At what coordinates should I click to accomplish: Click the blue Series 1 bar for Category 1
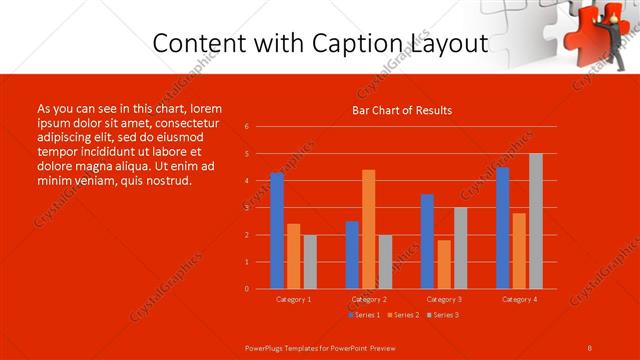(x=277, y=230)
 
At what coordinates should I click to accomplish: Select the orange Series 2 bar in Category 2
(x=369, y=229)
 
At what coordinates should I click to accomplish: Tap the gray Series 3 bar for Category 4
(x=536, y=221)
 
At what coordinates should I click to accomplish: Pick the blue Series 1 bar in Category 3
(x=427, y=241)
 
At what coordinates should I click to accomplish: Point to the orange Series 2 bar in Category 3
(x=444, y=264)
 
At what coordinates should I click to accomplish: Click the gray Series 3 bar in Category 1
(x=310, y=261)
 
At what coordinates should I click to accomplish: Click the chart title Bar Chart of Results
(x=402, y=111)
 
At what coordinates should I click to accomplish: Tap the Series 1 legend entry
(x=363, y=315)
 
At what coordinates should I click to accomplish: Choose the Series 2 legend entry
(x=402, y=315)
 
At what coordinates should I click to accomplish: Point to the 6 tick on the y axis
(x=247, y=127)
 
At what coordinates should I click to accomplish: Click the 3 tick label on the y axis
(x=247, y=208)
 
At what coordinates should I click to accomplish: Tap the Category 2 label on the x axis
(x=369, y=299)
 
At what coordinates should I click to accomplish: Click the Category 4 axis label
(x=519, y=299)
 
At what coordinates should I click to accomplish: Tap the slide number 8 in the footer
(x=590, y=347)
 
